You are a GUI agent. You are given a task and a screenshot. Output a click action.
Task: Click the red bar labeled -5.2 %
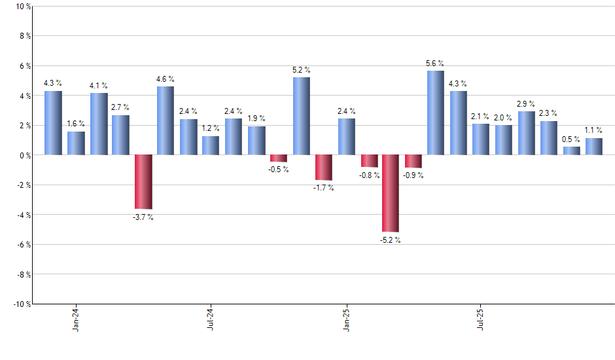tap(391, 193)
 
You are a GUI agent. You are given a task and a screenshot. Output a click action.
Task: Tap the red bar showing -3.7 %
tap(143, 182)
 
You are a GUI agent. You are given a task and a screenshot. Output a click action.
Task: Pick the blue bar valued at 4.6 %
tap(166, 120)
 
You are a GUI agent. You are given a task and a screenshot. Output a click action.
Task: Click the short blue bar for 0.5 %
tap(571, 151)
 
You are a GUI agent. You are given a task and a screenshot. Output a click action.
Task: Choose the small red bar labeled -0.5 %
tap(279, 158)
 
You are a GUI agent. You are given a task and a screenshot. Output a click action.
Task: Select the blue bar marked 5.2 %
tap(301, 116)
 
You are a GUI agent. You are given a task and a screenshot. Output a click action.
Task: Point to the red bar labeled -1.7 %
tap(324, 168)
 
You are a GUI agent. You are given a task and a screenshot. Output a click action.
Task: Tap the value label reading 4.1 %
tap(99, 86)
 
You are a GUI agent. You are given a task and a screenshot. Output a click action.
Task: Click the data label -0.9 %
tap(413, 175)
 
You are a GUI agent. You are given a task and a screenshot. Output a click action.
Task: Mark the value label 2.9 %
tap(526, 104)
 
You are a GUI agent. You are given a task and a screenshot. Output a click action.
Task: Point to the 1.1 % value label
tap(593, 130)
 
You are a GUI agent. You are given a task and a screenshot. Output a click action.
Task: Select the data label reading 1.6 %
tap(76, 124)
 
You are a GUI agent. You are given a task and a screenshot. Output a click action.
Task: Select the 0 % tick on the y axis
tap(24, 155)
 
